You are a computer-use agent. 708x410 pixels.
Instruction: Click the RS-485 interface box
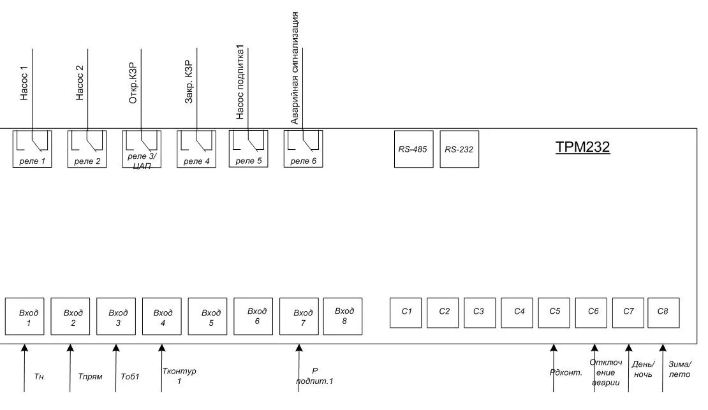[x=413, y=149]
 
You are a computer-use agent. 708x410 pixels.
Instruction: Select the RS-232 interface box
[x=459, y=149]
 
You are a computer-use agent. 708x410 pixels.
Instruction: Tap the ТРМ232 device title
[x=582, y=148]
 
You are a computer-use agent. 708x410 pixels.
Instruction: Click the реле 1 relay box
[x=32, y=149]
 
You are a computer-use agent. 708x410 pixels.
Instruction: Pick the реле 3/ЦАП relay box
[x=142, y=149]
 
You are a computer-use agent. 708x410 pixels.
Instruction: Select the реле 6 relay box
[x=303, y=149]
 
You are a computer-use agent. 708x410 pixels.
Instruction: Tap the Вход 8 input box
[x=343, y=315]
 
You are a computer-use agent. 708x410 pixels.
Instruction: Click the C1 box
[x=407, y=312]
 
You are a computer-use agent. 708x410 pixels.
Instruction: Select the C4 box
[x=519, y=312]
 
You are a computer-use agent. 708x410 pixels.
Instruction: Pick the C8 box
[x=663, y=312]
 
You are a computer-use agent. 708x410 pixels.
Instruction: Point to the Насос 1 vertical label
[x=24, y=83]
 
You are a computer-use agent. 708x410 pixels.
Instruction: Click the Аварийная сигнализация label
[x=295, y=68]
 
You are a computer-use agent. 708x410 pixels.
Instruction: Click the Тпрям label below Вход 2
[x=90, y=376]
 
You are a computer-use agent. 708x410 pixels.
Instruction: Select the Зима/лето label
[x=679, y=369]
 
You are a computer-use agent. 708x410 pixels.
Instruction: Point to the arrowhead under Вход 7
[x=299, y=348]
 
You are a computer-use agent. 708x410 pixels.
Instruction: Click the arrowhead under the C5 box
[x=554, y=348]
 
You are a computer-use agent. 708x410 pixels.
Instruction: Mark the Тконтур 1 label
[x=179, y=376]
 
